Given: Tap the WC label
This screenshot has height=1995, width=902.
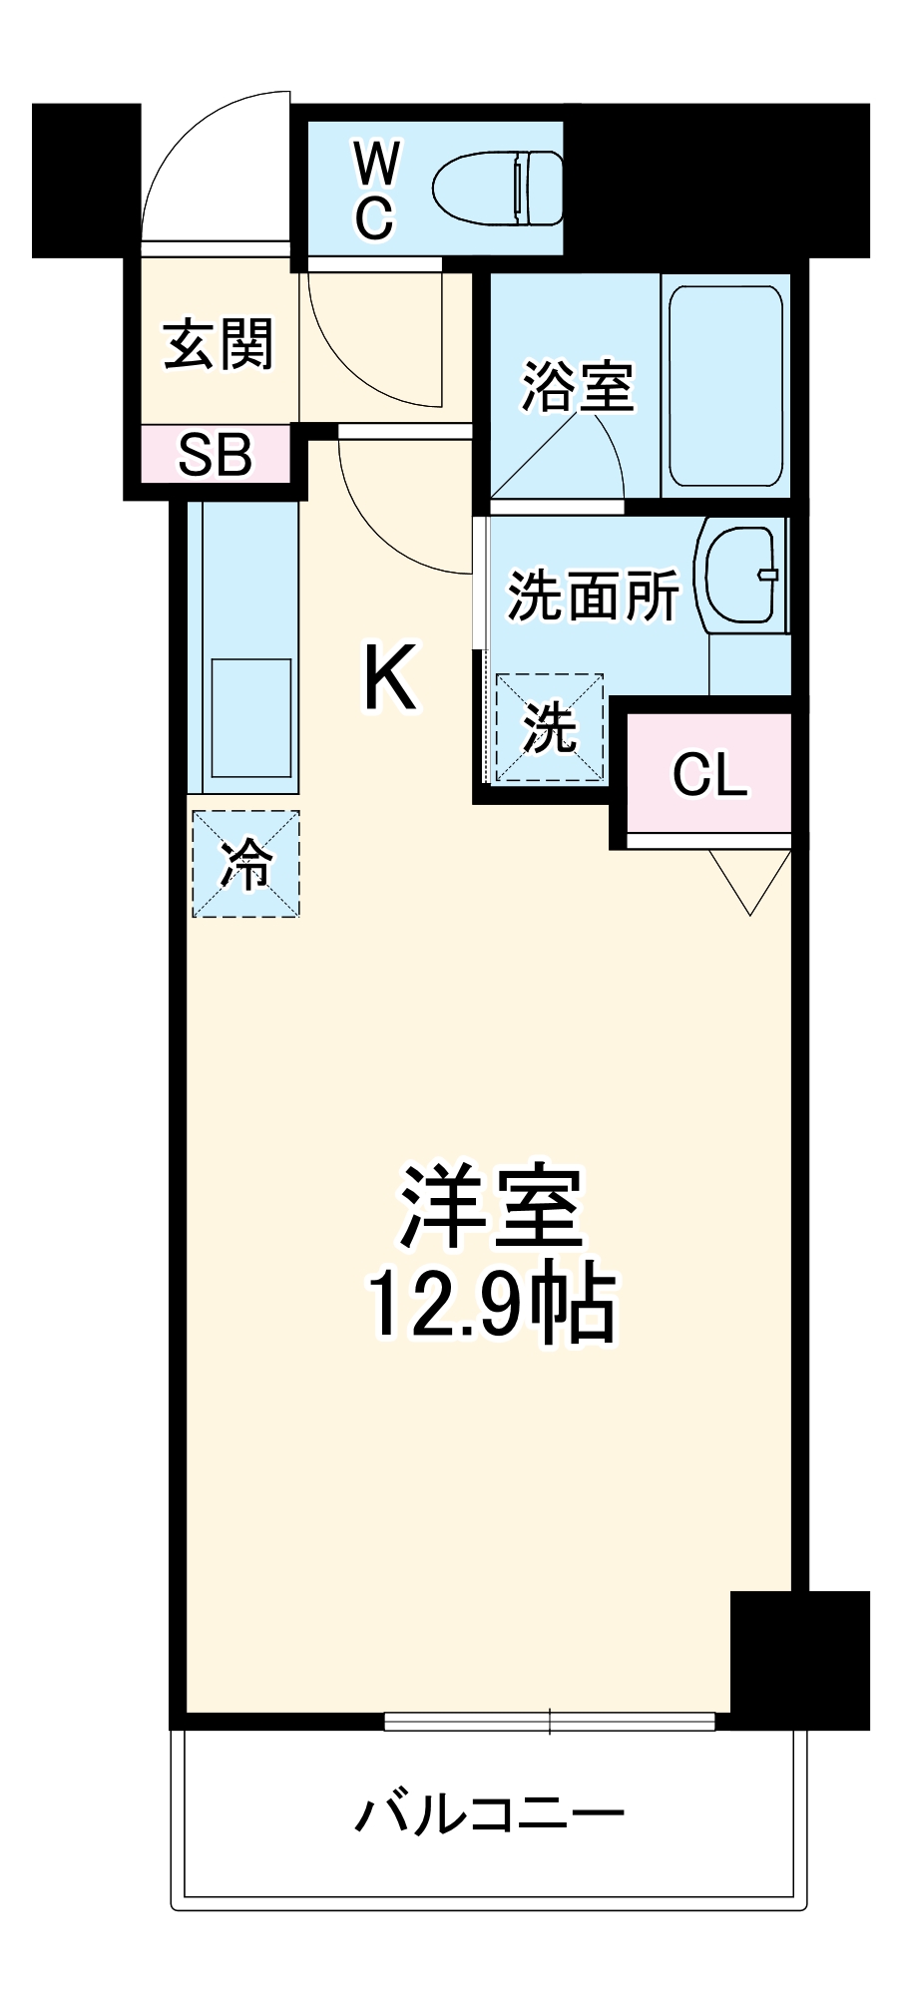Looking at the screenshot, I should (376, 190).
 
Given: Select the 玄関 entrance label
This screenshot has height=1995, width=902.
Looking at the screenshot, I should (219, 344).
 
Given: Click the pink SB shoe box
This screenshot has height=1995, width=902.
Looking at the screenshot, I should (215, 455).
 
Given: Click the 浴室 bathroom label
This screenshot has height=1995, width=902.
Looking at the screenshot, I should (578, 387).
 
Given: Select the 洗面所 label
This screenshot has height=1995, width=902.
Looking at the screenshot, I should (593, 596).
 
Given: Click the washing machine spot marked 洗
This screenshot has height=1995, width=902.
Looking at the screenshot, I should (550, 726).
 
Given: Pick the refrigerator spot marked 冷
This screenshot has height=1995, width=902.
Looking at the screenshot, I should (245, 864).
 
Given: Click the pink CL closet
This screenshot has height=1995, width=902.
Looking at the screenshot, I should (709, 773).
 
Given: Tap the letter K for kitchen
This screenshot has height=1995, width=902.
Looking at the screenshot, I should (389, 678).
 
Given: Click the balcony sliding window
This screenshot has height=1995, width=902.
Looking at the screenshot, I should (550, 1721).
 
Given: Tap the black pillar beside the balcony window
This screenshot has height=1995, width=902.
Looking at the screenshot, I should (798, 1659).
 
